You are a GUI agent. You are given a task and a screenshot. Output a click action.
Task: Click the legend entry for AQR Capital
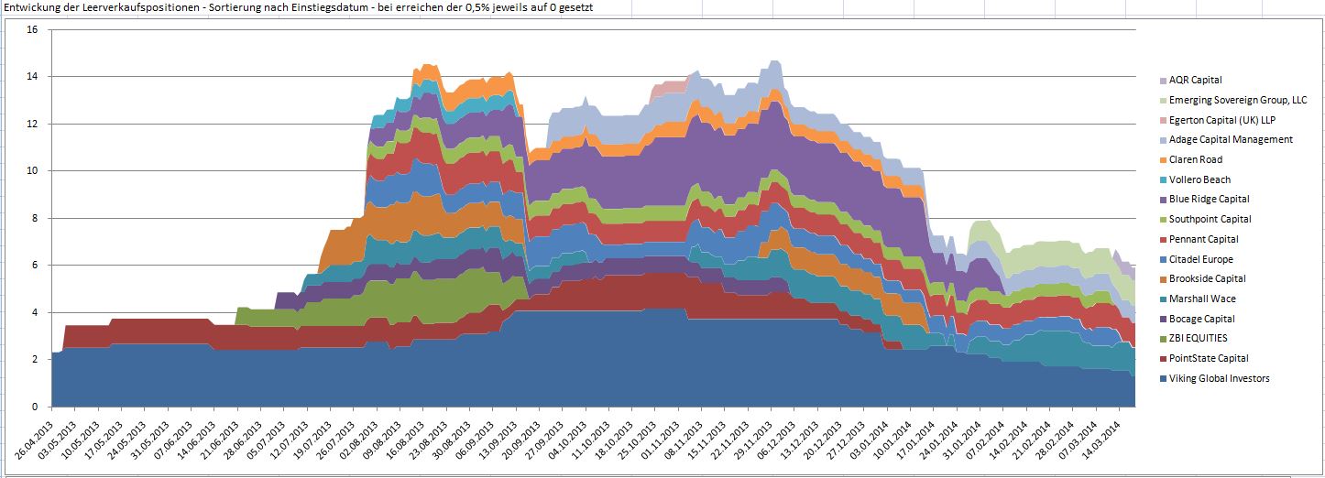(x=1195, y=81)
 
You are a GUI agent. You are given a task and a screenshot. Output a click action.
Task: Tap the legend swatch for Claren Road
(x=1163, y=160)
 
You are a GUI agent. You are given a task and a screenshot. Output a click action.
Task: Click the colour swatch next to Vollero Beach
(x=1163, y=180)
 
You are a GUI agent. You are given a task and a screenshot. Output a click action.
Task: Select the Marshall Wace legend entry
(x=1202, y=299)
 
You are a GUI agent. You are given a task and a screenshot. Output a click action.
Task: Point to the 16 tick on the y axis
(x=32, y=29)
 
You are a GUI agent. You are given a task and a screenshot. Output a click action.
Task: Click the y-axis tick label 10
(x=32, y=171)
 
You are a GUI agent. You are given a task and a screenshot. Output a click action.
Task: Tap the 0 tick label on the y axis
(x=35, y=407)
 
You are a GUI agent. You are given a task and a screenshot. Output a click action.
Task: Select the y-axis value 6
(x=35, y=266)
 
